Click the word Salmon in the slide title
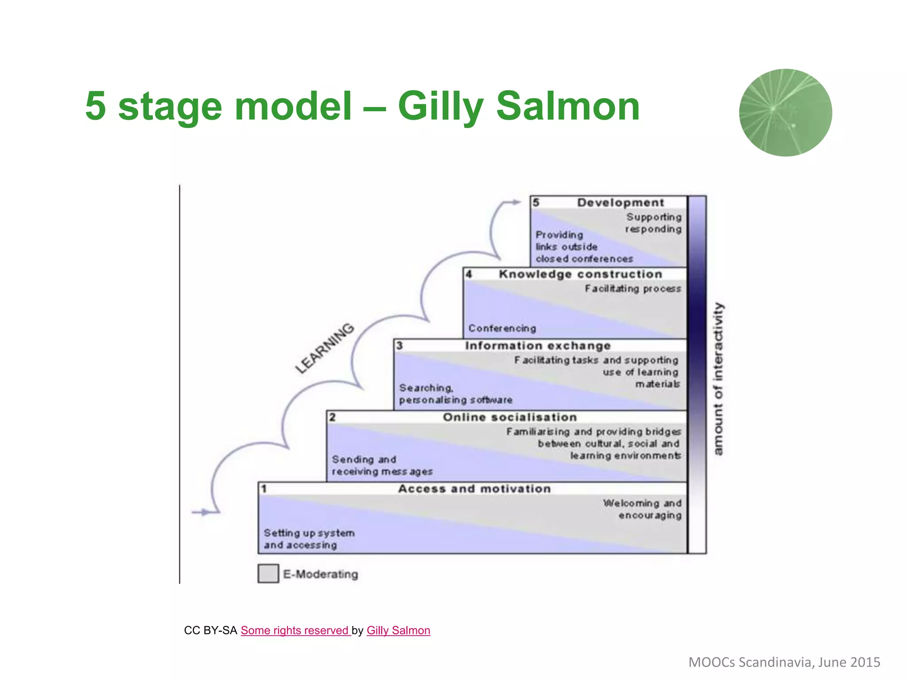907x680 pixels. pos(568,106)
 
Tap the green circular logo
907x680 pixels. pos(785,112)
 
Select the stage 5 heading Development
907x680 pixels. pos(620,203)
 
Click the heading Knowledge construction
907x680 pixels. pos(580,274)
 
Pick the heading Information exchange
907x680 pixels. pos(538,346)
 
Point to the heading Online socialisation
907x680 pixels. pos(510,417)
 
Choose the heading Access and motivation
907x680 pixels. pos(474,489)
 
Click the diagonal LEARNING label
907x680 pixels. pos(325,348)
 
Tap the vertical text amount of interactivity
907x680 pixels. pos(718,379)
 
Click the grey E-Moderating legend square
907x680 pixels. pos(268,573)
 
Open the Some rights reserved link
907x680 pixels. pos(295,630)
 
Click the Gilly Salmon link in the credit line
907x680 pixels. pos(398,630)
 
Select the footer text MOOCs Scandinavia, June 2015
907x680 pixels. pos(784,662)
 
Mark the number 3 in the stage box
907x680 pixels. pos(399,345)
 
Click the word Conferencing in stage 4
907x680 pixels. pos(502,328)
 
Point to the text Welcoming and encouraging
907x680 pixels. pos(642,509)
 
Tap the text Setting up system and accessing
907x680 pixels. pos(309,539)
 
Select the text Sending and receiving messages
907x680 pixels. pos(382,465)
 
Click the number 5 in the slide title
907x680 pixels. pos(96,106)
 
